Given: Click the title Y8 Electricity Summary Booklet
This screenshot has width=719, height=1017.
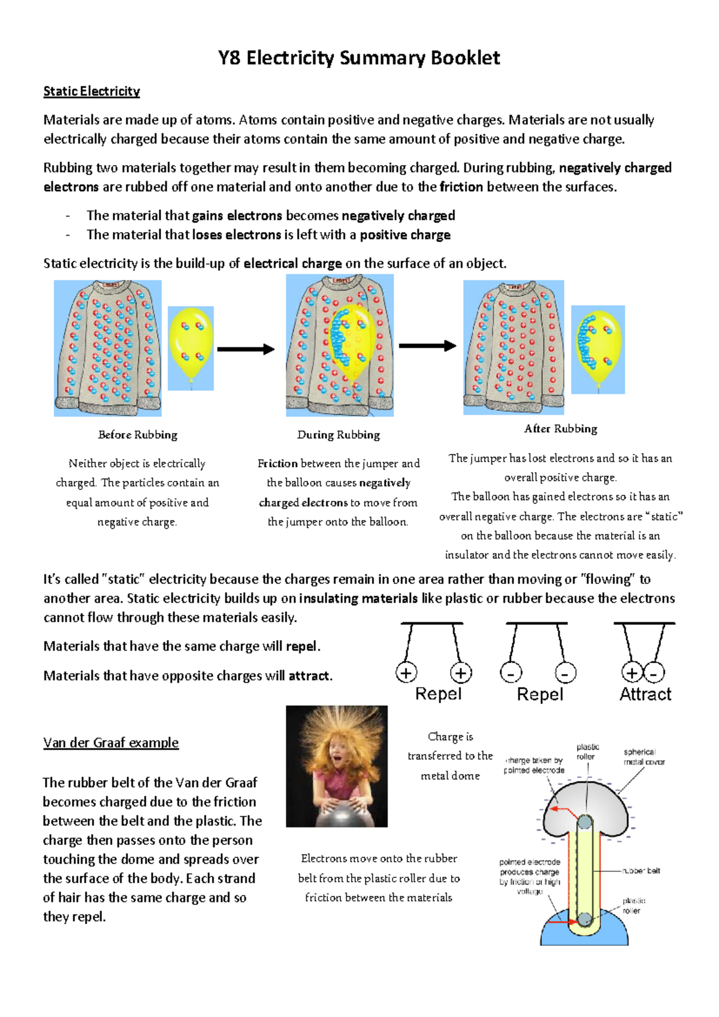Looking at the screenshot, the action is [x=358, y=58].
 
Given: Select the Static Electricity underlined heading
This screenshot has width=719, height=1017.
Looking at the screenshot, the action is [x=92, y=91].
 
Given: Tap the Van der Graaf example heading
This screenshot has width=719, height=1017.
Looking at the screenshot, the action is [x=111, y=742].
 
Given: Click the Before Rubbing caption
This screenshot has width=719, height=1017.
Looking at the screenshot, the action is [x=138, y=435].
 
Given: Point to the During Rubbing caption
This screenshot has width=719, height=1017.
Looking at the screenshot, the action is [x=339, y=435].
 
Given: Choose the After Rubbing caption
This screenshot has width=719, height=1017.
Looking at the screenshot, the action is [x=561, y=429].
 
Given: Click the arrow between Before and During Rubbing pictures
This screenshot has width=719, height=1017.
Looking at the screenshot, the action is [x=246, y=349].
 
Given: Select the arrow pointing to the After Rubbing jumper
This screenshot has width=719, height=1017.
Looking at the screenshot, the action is [x=427, y=345].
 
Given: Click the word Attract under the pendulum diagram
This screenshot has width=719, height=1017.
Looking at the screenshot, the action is [x=645, y=694].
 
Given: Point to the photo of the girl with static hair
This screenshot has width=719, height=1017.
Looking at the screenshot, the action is [x=337, y=766].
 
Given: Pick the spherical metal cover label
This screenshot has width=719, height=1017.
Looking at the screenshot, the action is [x=644, y=757].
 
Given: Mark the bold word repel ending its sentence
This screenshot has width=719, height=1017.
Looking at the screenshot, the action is [x=302, y=646].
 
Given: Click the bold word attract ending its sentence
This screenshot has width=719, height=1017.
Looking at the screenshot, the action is [x=309, y=676].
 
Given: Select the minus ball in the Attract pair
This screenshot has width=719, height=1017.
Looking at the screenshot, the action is [x=654, y=673].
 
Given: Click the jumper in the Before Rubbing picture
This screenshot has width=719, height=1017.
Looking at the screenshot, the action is [x=108, y=348].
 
